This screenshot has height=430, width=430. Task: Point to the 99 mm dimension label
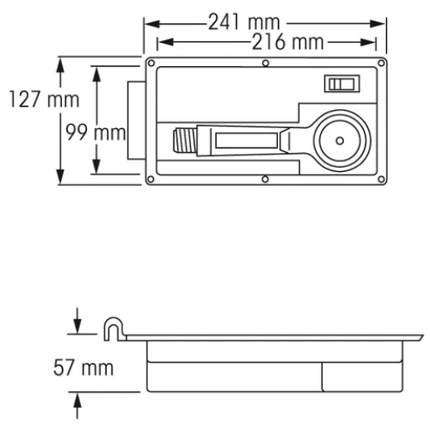point(93,132)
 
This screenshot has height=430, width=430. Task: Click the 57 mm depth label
point(84,366)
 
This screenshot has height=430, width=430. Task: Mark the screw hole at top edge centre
point(264,63)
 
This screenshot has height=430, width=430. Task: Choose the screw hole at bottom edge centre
point(264,179)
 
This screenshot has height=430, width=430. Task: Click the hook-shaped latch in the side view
point(113,328)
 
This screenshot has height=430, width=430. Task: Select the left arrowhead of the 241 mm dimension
point(150,22)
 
